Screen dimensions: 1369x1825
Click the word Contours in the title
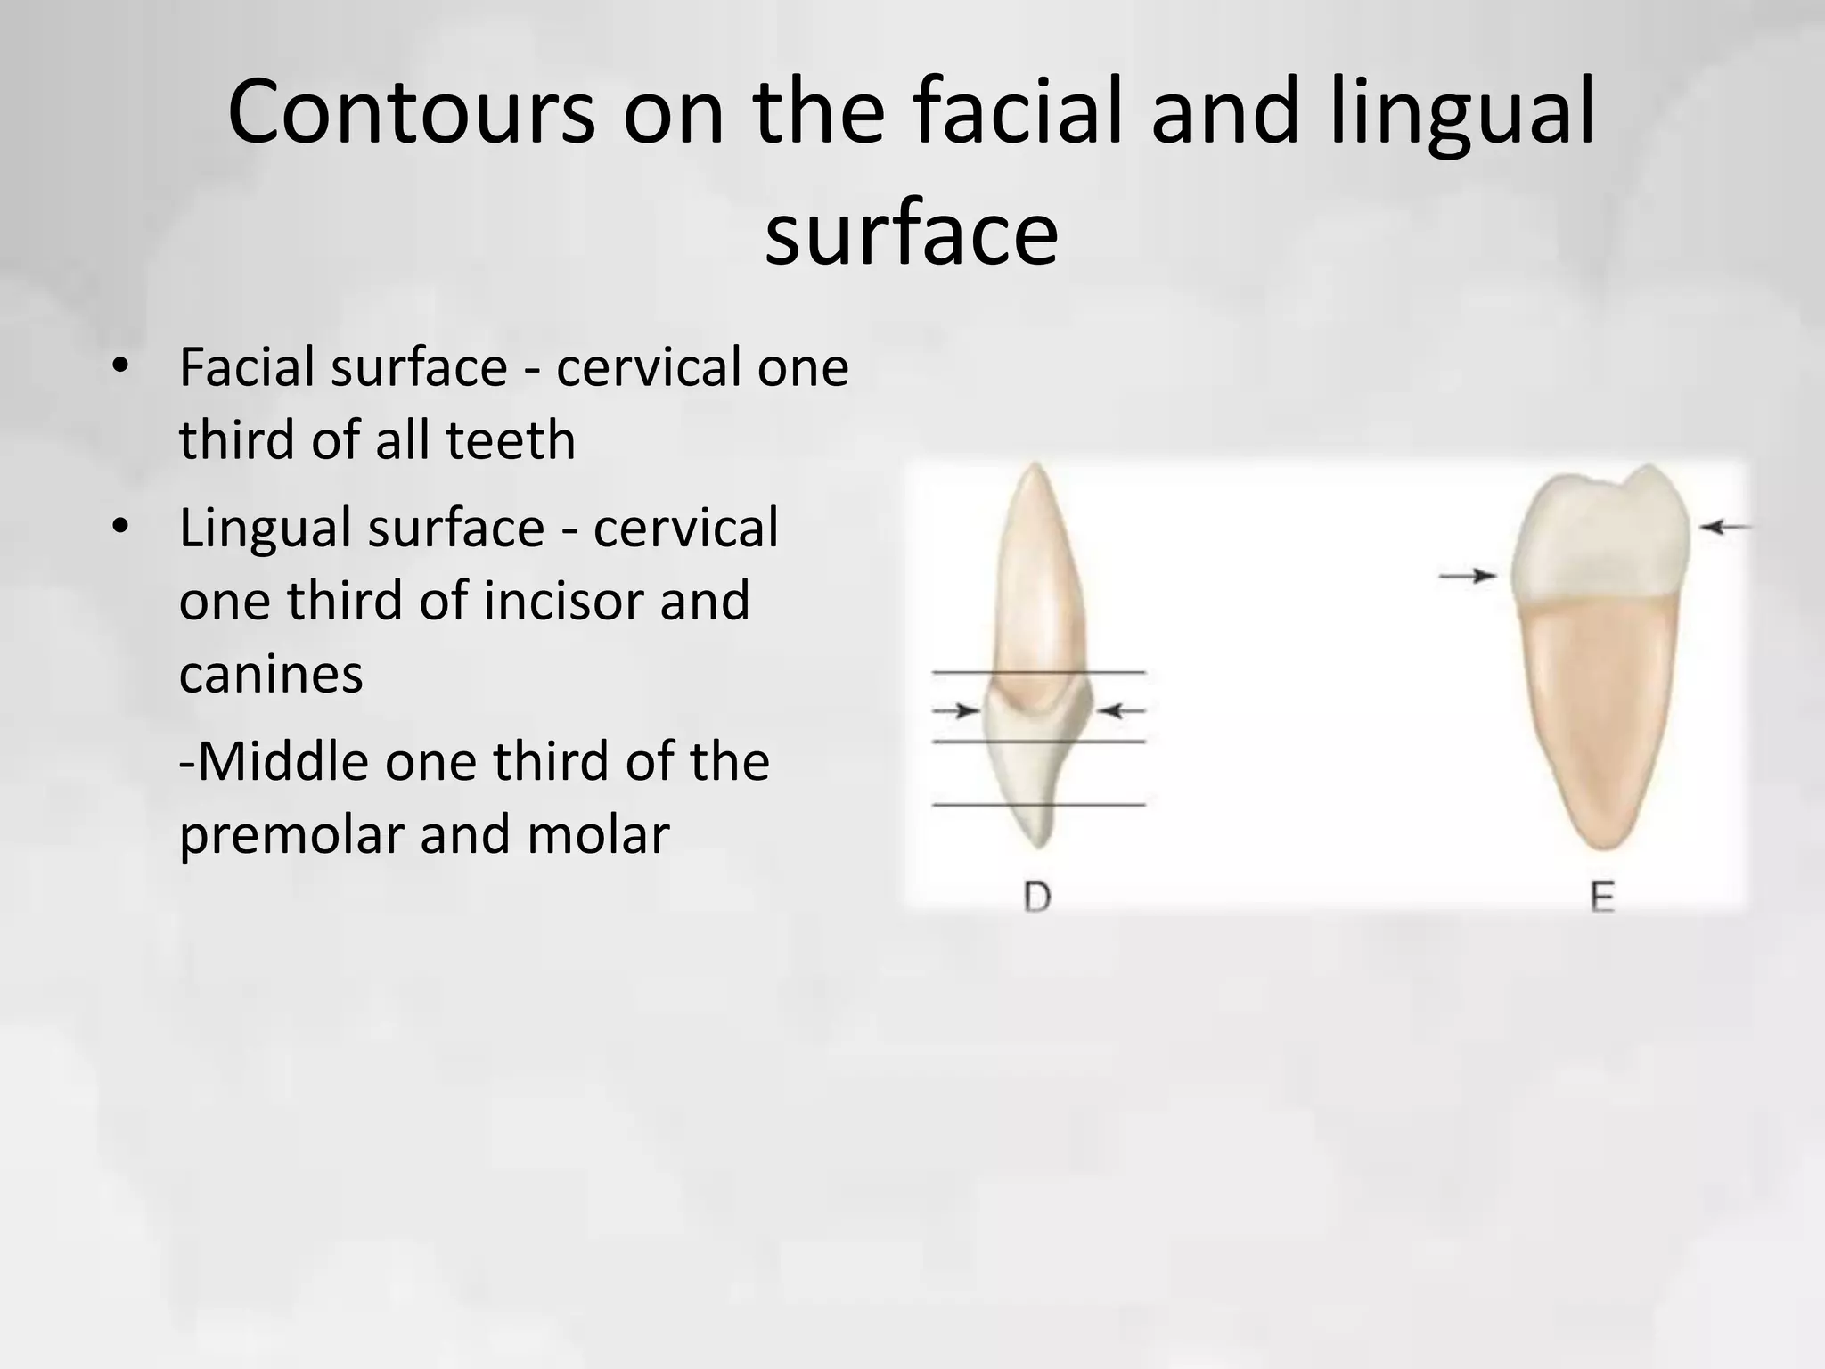pos(411,114)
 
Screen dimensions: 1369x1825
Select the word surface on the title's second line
pos(912,234)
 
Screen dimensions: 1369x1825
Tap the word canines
pos(271,674)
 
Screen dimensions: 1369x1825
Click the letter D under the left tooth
pos(1037,898)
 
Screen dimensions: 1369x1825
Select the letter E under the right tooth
pos(1602,898)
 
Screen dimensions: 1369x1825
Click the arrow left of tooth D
pos(956,710)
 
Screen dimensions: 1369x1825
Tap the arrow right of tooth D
pos(1120,710)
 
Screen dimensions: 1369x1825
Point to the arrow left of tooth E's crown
pos(1468,577)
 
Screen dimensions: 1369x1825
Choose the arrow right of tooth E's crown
pos(1725,528)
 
